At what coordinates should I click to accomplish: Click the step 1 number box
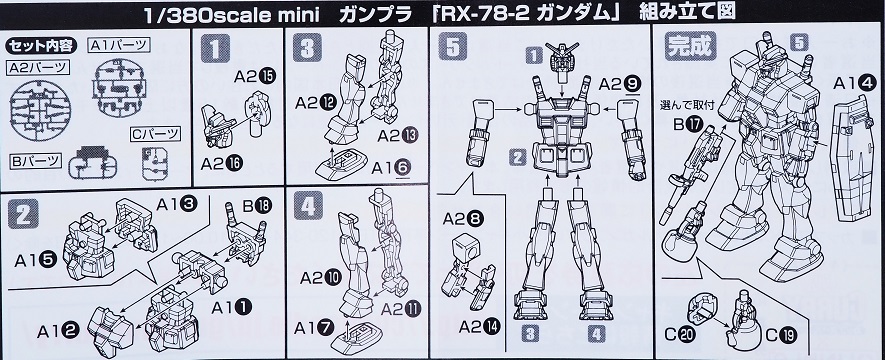[215, 48]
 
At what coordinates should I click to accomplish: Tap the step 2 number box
[23, 213]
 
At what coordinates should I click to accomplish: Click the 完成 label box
[690, 46]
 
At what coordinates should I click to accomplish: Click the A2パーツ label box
[38, 68]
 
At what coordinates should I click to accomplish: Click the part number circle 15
[268, 76]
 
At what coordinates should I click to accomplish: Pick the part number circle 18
[263, 205]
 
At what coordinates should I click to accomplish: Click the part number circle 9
[634, 85]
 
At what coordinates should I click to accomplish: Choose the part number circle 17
[694, 123]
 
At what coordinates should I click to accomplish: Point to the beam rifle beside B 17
[693, 174]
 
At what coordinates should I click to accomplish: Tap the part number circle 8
[476, 219]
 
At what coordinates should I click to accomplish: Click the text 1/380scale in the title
[200, 15]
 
